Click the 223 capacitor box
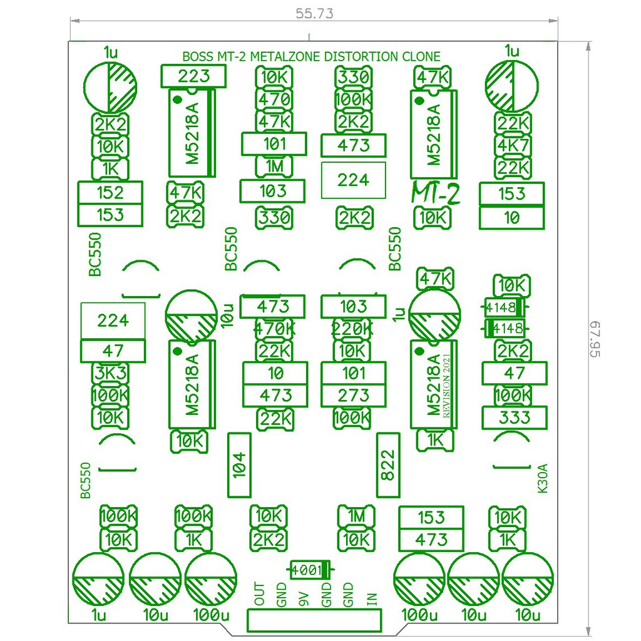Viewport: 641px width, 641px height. coord(193,76)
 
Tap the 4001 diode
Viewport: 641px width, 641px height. coord(310,570)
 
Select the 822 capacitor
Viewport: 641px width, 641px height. coord(388,465)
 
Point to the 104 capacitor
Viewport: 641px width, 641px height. coord(239,465)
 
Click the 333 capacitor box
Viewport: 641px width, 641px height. coord(515,418)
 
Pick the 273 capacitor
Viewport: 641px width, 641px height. coord(354,396)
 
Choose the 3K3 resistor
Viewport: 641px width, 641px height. coord(110,373)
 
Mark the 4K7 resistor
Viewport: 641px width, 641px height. coord(513,145)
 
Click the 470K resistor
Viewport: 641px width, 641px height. coord(274,328)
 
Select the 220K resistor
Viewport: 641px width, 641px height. coord(352,328)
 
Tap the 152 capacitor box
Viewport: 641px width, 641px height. coord(110,193)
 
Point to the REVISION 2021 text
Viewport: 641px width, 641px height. coord(446,386)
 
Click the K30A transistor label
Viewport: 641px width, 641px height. coord(543,478)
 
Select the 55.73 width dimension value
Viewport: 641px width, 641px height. coord(314,14)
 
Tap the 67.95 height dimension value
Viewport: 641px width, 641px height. coord(595,339)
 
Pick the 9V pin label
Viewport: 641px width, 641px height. coord(304,600)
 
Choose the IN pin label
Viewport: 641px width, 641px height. coord(372,600)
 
